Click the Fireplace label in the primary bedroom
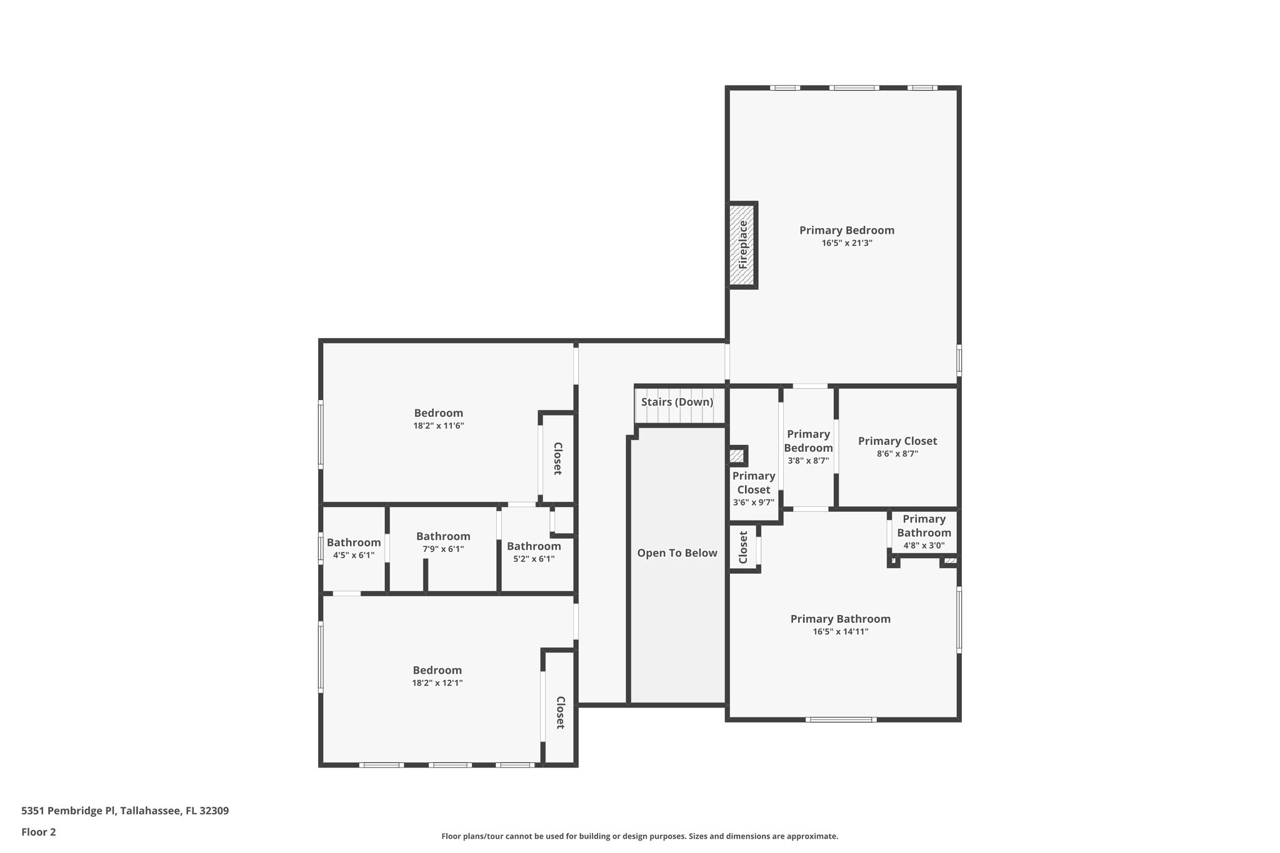coord(742,245)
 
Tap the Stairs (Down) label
coord(677,402)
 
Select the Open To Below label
coord(677,553)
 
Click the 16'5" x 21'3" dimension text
coord(846,243)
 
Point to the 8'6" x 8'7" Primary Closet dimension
coord(897,454)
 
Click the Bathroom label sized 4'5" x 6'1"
coord(353,542)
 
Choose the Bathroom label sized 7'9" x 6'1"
coord(443,536)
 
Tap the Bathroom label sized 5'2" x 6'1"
coord(533,546)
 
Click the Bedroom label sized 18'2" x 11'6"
coord(438,413)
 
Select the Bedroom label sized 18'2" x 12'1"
coord(437,671)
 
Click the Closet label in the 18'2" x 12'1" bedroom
coord(560,712)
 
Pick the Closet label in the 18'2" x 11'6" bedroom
coord(557,459)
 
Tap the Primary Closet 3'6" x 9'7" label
coord(753,483)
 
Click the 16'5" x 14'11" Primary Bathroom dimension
coord(840,632)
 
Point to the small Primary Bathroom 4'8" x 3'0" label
coord(924,526)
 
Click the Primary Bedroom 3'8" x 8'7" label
coord(808,441)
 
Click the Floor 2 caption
coord(39,832)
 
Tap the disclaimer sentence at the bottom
coord(639,836)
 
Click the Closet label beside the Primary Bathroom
coord(743,547)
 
